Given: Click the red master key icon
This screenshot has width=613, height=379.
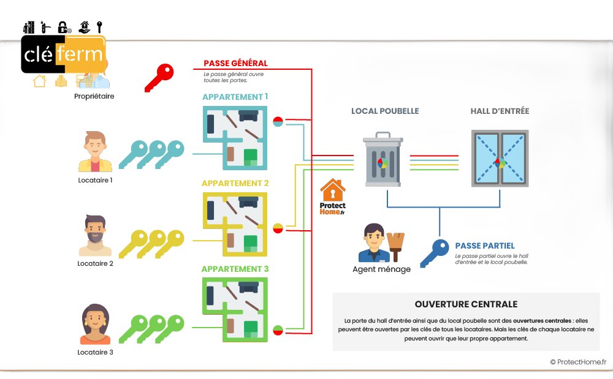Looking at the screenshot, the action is (x=159, y=78).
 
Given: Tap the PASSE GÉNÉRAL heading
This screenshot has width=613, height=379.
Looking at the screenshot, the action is (x=235, y=63).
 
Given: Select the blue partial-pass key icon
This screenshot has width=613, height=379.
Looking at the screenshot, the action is (x=435, y=253).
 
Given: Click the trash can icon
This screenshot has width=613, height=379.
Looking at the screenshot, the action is (x=383, y=159).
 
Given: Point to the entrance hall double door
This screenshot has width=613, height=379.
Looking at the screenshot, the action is (x=500, y=158).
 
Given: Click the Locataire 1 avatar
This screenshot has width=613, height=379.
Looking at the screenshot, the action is (x=95, y=151).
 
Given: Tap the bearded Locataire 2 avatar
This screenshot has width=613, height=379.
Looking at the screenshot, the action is (x=95, y=235).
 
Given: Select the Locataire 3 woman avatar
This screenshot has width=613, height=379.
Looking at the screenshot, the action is (x=95, y=324).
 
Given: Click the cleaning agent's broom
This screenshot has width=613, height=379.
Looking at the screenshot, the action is (x=395, y=247).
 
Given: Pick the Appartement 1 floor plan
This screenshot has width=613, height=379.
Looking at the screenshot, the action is (x=235, y=138).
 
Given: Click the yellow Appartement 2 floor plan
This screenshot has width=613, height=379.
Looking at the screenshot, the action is (x=235, y=224).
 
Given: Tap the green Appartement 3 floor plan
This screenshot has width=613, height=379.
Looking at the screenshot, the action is (x=235, y=310).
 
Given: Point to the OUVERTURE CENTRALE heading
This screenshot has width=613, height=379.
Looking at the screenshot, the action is (x=466, y=304).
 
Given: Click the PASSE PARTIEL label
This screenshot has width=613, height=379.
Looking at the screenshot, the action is (x=485, y=246).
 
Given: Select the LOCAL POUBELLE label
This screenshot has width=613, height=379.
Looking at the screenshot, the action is (x=385, y=111).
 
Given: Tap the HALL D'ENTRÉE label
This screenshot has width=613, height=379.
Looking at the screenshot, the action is (x=500, y=111).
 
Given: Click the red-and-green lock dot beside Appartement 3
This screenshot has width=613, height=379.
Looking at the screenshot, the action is (x=278, y=330).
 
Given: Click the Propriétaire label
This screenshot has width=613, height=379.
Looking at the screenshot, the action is (x=94, y=96).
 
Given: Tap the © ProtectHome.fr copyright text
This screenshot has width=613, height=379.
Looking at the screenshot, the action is (x=578, y=362).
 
